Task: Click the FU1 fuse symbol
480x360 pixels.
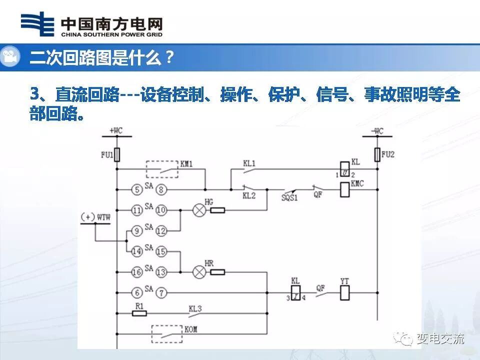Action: pos(117,154)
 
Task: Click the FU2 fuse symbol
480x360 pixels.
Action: pos(377,154)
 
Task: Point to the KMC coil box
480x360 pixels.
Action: pos(344,189)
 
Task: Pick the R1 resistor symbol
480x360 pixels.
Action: pos(139,313)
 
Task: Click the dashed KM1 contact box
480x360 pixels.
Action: pos(162,169)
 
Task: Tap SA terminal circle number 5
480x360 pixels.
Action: pos(137,189)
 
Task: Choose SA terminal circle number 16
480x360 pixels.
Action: pos(137,272)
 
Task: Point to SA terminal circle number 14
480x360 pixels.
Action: pos(137,251)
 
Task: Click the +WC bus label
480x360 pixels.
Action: pos(115,131)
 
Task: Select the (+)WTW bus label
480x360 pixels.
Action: pos(95,217)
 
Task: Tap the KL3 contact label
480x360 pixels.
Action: pos(195,309)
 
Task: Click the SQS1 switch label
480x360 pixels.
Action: pos(288,197)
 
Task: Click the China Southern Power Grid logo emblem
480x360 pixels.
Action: pos(37,24)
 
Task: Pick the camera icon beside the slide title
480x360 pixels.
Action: pos(10,56)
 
